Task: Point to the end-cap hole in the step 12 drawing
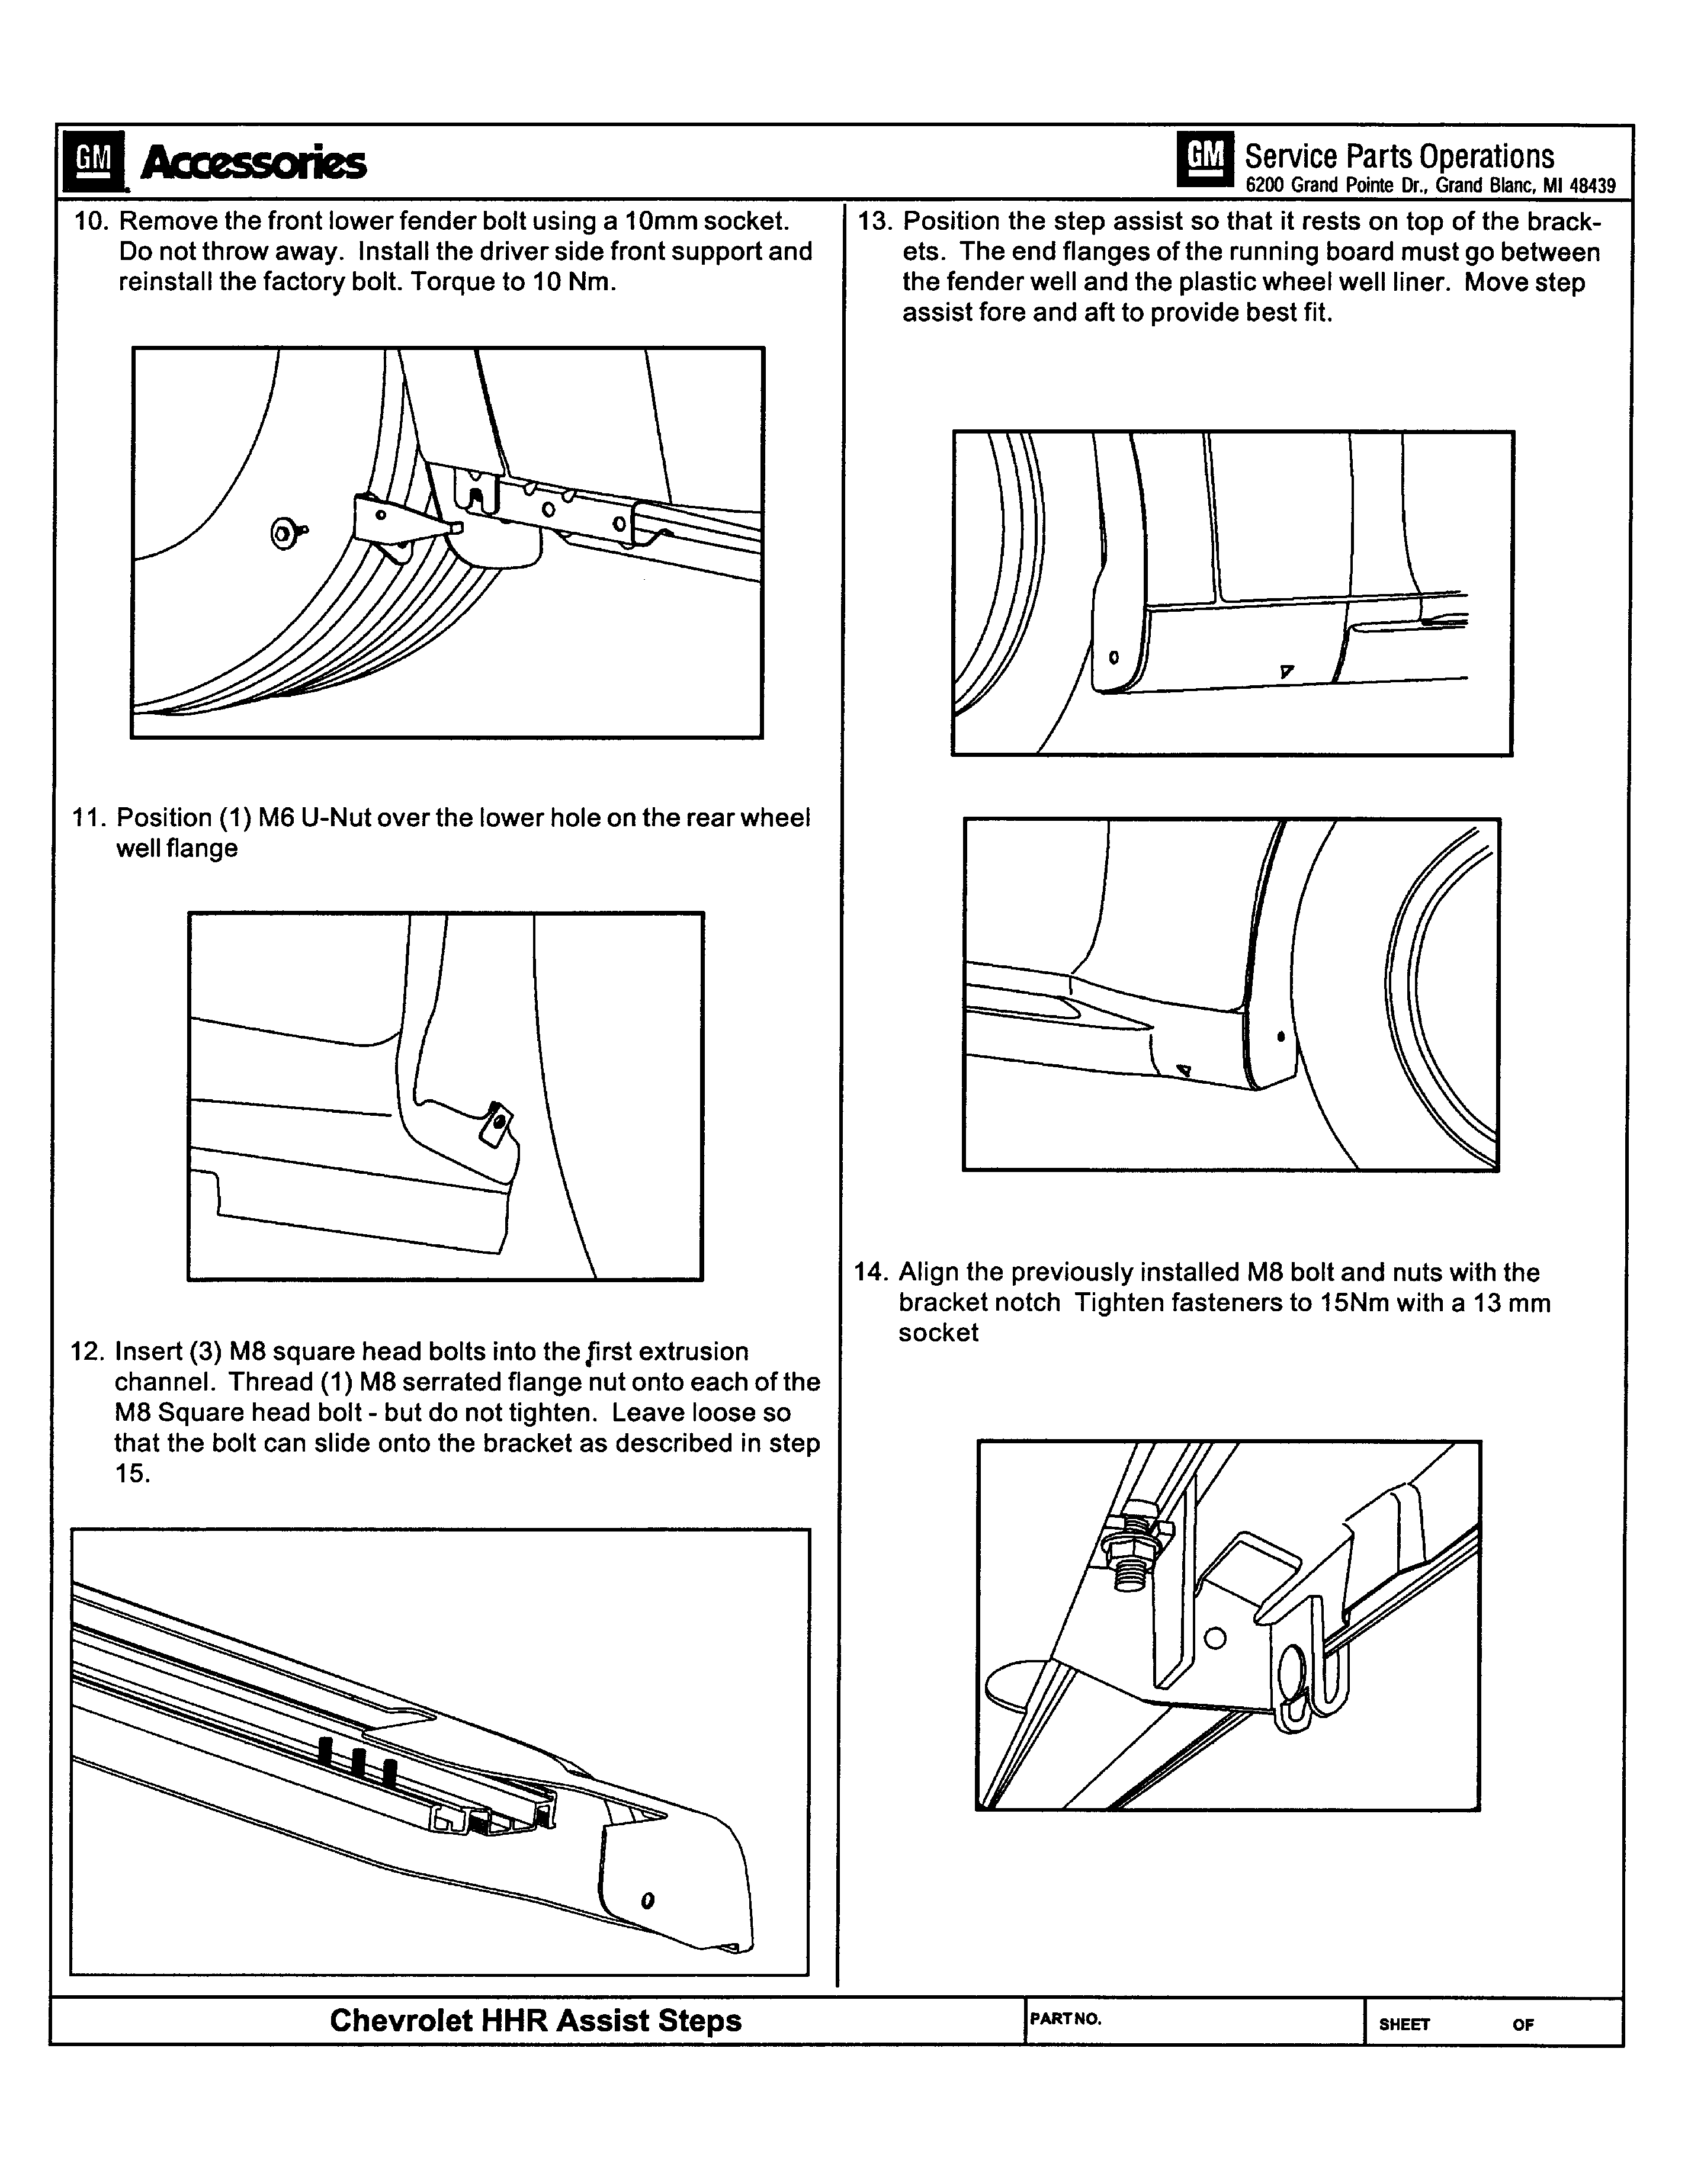[648, 1900]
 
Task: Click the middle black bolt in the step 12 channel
[357, 1760]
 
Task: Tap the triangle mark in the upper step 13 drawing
[1286, 671]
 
